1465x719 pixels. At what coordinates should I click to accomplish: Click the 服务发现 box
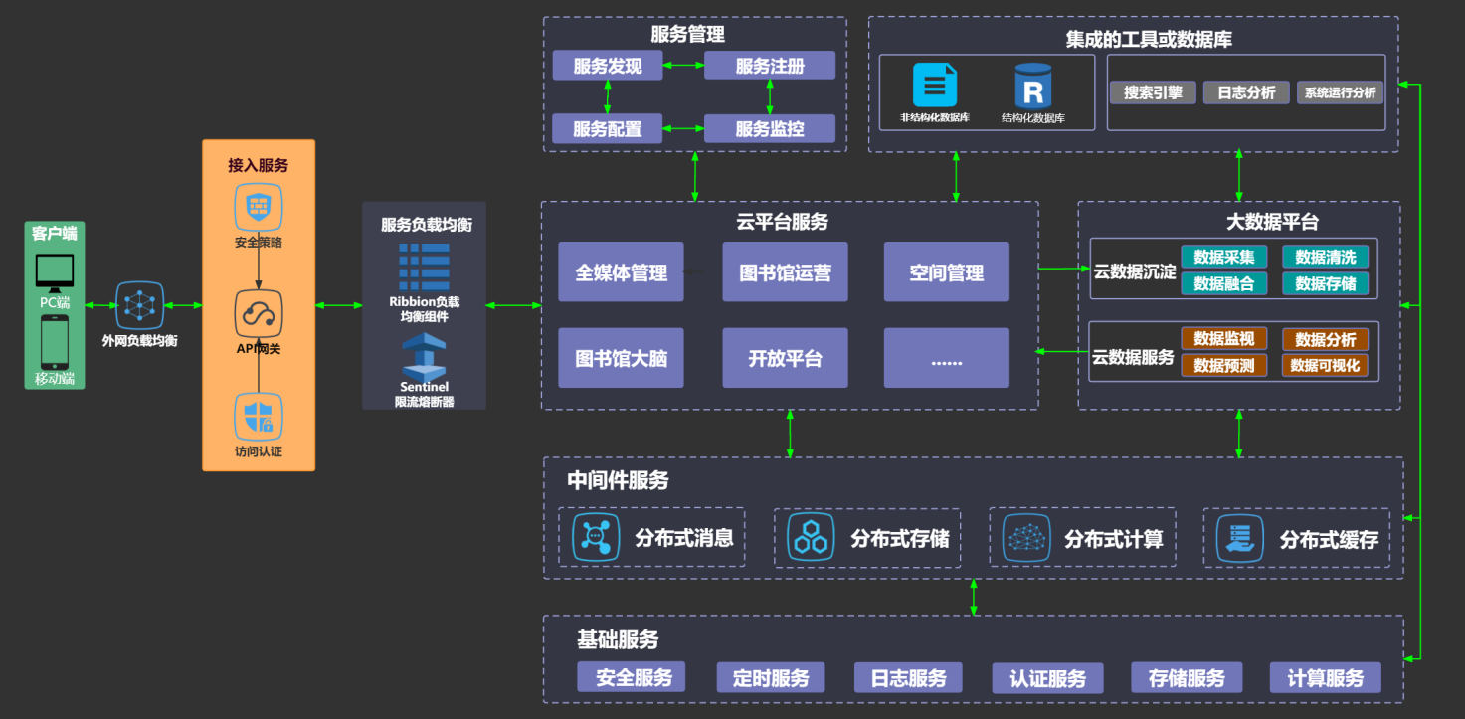point(608,66)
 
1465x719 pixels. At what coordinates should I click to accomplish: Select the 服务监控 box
point(769,128)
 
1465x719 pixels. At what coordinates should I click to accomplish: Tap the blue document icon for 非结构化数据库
point(935,86)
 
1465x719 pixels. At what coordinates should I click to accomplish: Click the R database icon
point(1032,86)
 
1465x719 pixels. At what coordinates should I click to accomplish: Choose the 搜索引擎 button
point(1153,92)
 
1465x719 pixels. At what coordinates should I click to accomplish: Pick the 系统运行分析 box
point(1340,92)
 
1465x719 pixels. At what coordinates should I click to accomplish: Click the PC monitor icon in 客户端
point(55,273)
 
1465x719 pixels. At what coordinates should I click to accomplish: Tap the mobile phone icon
point(55,342)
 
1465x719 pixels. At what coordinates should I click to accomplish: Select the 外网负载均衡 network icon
point(139,305)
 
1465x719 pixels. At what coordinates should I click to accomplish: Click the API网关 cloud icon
point(259,314)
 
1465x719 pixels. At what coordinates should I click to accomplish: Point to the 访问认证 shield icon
point(259,417)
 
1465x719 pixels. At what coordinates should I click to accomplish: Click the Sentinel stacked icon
point(424,357)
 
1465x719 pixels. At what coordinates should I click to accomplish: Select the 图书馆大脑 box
point(621,358)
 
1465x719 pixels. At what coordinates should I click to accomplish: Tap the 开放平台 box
point(785,358)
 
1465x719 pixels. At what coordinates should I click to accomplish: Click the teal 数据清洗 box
point(1325,257)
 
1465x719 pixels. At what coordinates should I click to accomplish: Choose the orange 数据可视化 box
point(1325,365)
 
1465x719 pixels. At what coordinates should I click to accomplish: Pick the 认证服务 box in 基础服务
point(1047,678)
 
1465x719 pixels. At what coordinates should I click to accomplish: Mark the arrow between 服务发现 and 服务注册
point(683,65)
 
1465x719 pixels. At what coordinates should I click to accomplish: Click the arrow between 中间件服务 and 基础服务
point(974,597)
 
